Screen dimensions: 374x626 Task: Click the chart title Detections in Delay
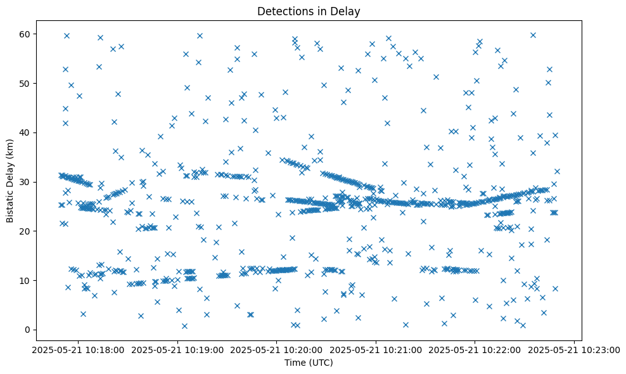[x=309, y=11]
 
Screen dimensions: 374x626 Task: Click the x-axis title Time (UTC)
[x=309, y=363]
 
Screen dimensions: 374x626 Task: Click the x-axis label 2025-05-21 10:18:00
[x=79, y=349]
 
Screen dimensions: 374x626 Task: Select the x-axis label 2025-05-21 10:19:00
[x=178, y=349]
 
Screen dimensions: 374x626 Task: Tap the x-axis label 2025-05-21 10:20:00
[x=277, y=349]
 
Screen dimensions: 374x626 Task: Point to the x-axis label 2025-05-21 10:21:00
[x=376, y=349]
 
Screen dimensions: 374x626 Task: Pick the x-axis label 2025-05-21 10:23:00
[x=575, y=349]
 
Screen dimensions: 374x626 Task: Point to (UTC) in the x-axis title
[x=321, y=363]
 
